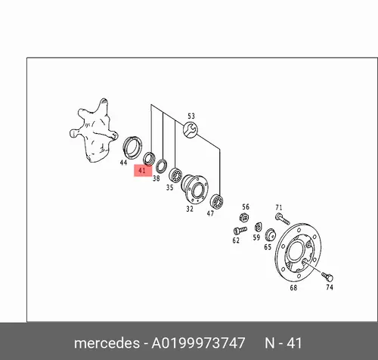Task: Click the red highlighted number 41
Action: [142, 171]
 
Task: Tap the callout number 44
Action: [123, 163]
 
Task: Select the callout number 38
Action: [156, 178]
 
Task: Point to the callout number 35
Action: [169, 188]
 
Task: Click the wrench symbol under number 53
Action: [191, 129]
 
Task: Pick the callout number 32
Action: [190, 209]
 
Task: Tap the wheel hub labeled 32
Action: [195, 189]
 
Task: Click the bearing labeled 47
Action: [216, 201]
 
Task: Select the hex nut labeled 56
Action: [244, 217]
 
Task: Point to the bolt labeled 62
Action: [240, 231]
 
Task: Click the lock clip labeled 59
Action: [258, 227]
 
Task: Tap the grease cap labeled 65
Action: [271, 234]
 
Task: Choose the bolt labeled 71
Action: [283, 219]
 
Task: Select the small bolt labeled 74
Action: [327, 276]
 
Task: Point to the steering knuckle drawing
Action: [94, 130]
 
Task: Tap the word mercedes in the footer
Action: [107, 343]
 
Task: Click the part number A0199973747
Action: [198, 343]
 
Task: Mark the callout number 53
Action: [191, 116]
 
